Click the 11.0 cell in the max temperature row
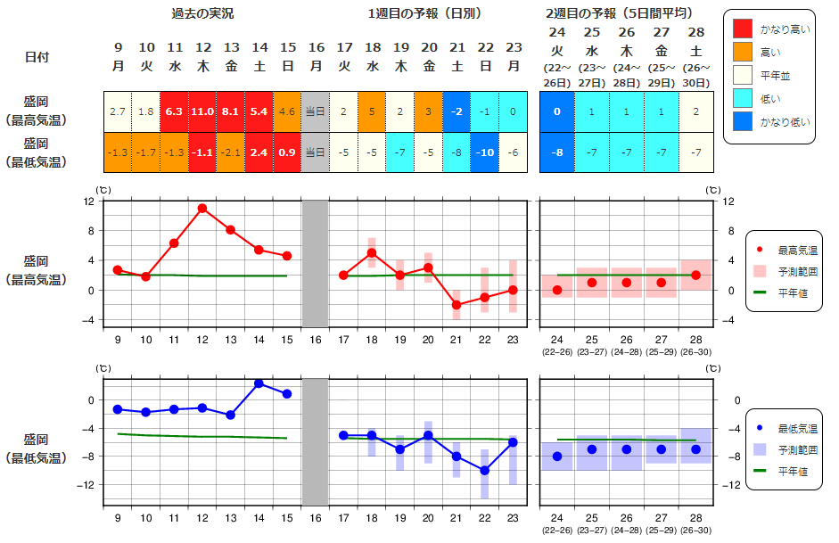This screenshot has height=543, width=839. click(203, 111)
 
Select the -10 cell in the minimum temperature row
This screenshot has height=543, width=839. click(485, 152)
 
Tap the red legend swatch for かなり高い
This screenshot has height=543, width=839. click(742, 29)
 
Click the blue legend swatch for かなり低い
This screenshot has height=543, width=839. click(742, 122)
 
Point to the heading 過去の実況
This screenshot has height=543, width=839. click(203, 14)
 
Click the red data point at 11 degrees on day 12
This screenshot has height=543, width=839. click(202, 209)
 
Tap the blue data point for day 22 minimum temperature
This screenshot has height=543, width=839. click(485, 470)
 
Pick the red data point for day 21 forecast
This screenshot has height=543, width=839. click(457, 305)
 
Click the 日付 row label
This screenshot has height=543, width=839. click(37, 56)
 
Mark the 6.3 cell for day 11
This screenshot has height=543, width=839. click(175, 111)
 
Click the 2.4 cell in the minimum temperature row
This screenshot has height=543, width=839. click(259, 152)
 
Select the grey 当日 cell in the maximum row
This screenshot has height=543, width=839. click(316, 111)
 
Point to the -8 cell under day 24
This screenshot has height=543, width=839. click(556, 152)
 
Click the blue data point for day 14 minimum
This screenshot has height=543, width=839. click(259, 383)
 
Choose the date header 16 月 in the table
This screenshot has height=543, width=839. click(316, 56)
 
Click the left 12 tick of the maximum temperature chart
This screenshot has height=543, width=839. click(89, 202)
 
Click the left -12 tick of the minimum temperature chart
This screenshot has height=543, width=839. click(86, 485)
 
